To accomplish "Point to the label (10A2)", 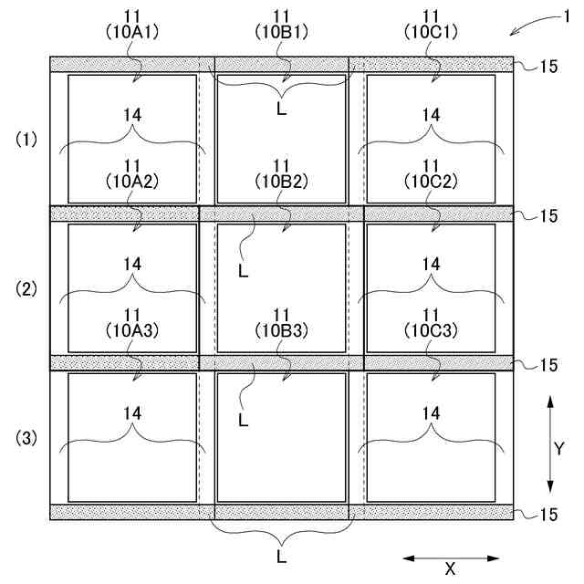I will point(133,180).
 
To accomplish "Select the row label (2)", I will point(26,289).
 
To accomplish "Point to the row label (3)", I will point(26,439).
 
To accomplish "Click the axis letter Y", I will point(560,448).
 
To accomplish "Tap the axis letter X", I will point(450,568).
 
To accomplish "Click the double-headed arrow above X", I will point(451,557).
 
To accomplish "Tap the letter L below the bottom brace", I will point(283,554).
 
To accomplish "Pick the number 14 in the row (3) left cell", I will point(133,412).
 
